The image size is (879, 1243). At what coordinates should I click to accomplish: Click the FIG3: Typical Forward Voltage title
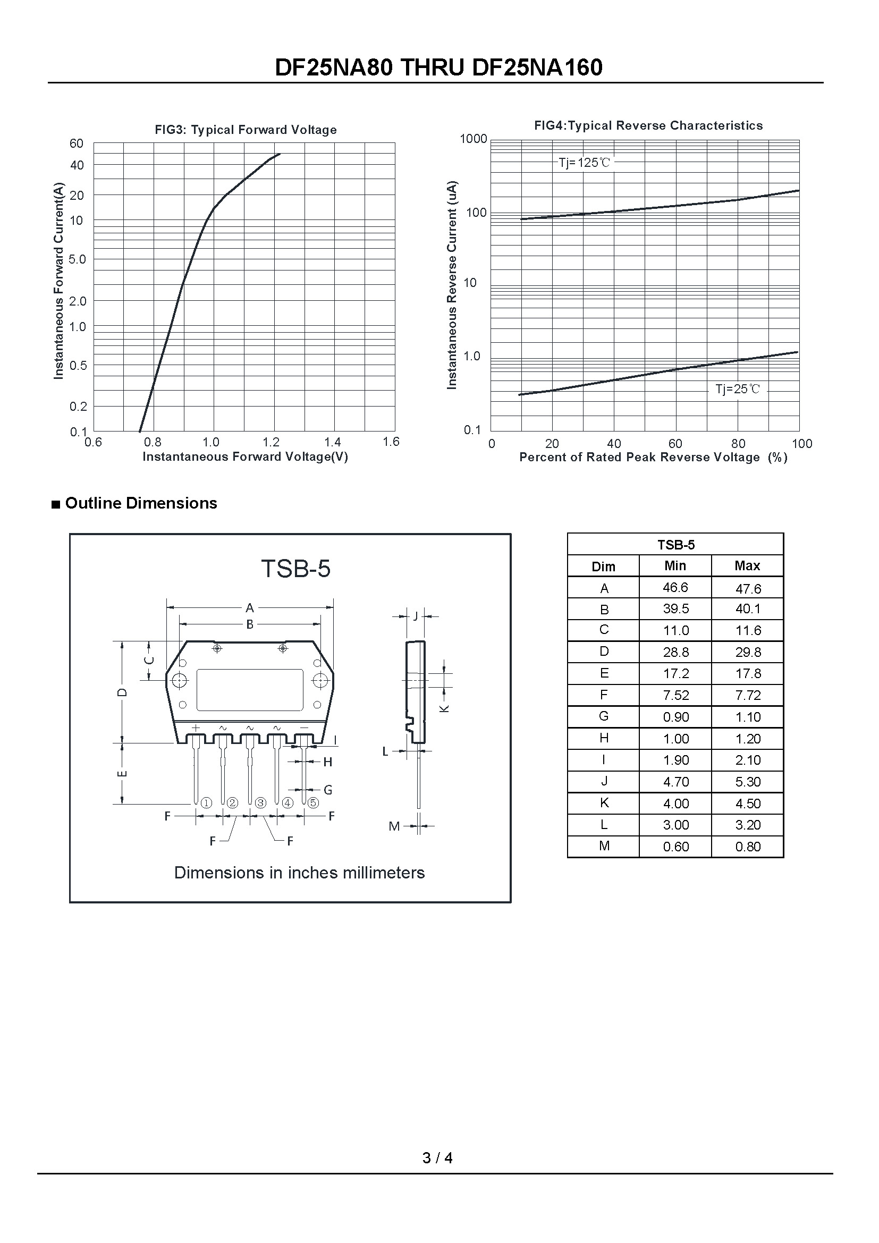pyautogui.click(x=246, y=130)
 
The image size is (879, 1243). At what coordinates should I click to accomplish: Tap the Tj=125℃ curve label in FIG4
pyautogui.click(x=584, y=163)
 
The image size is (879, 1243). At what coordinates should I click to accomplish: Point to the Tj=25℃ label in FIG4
pyautogui.click(x=737, y=389)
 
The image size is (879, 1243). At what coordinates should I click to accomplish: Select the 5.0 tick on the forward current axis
pyautogui.click(x=78, y=259)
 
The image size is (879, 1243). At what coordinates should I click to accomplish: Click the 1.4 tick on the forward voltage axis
pyautogui.click(x=332, y=442)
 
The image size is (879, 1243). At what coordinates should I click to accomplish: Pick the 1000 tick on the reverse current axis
pyautogui.click(x=473, y=139)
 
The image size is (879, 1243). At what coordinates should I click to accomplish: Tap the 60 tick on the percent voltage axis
pyautogui.click(x=675, y=444)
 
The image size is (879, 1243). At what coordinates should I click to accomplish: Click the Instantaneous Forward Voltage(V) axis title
pyautogui.click(x=245, y=457)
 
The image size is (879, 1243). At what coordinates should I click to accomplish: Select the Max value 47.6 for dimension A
pyautogui.click(x=748, y=588)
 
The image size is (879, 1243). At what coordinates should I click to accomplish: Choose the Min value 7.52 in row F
pyautogui.click(x=675, y=696)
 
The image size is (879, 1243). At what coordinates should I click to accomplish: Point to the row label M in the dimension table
pyautogui.click(x=604, y=846)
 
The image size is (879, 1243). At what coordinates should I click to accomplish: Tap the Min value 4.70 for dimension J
pyautogui.click(x=675, y=782)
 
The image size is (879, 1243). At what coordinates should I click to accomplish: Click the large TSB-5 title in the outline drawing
pyautogui.click(x=295, y=569)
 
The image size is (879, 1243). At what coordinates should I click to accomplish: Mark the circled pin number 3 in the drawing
pyautogui.click(x=260, y=803)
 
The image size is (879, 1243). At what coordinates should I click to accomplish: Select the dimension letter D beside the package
pyautogui.click(x=123, y=692)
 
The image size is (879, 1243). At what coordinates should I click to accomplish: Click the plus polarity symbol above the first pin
pyautogui.click(x=196, y=728)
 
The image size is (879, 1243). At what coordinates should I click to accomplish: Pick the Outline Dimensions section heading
pyautogui.click(x=141, y=503)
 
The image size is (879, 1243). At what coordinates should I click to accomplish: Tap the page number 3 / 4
pyautogui.click(x=437, y=1158)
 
